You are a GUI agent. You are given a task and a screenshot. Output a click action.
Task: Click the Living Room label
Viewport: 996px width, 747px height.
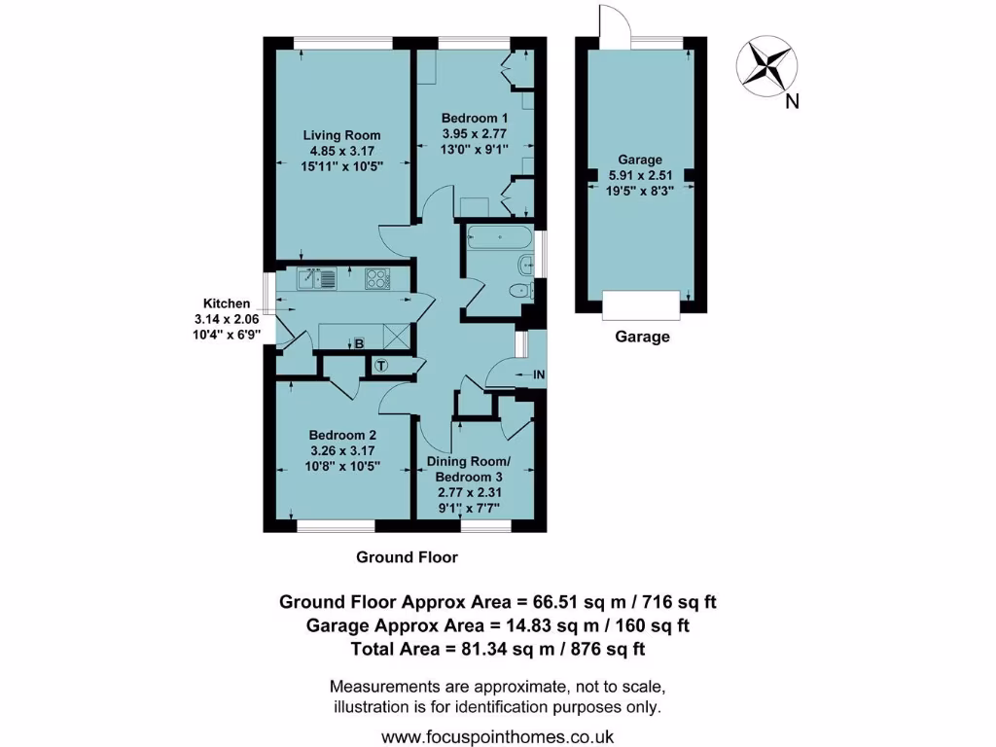[x=341, y=135]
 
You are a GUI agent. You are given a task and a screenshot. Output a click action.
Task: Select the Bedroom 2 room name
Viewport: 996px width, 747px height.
[x=342, y=435]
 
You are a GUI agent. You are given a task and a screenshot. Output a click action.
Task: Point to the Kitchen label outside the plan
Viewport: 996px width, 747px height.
[x=226, y=302]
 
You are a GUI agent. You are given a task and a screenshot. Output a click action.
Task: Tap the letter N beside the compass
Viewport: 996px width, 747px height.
[x=792, y=101]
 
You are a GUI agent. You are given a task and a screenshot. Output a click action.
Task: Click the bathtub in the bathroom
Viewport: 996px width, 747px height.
[x=500, y=236]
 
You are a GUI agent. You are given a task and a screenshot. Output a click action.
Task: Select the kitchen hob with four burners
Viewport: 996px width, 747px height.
[x=377, y=279]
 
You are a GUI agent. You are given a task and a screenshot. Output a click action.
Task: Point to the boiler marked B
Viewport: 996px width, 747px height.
[x=358, y=343]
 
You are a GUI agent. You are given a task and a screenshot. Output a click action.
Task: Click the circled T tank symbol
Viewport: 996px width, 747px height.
[x=381, y=366]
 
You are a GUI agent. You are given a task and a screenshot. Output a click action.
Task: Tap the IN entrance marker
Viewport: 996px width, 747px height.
[x=538, y=373]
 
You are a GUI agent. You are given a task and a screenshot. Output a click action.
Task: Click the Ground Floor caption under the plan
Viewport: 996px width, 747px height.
[x=407, y=557]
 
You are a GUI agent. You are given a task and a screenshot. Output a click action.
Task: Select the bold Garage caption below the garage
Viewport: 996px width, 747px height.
[x=642, y=338]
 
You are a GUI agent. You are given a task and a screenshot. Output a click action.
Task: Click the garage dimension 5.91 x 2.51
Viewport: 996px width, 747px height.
[x=640, y=176]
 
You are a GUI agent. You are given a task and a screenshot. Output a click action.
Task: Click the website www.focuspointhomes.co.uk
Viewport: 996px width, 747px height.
[x=497, y=736]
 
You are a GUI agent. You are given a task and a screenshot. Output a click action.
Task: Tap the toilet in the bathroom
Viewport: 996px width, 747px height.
[x=517, y=291]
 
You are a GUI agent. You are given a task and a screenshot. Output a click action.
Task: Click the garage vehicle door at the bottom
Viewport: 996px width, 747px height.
[x=641, y=305]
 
